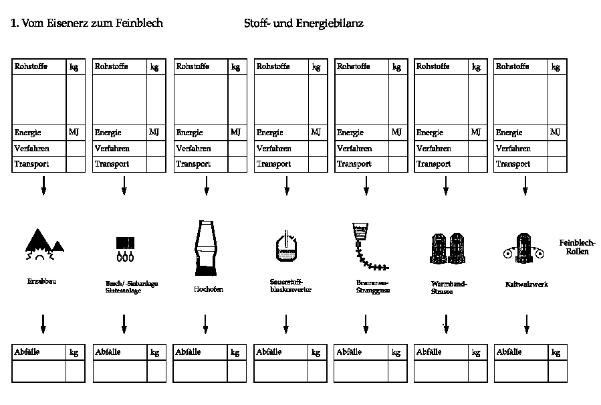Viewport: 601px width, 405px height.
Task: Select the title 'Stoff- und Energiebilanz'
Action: (x=304, y=23)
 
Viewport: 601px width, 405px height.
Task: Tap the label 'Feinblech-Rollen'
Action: (x=576, y=247)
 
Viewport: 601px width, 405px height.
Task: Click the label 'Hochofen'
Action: (x=208, y=289)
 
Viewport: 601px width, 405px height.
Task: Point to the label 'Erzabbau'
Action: (x=42, y=282)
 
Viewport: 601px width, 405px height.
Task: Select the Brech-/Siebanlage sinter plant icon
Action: (x=124, y=248)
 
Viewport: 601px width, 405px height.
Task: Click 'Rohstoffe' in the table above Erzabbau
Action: (x=31, y=66)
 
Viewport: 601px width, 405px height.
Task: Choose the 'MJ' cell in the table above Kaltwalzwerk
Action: (x=556, y=132)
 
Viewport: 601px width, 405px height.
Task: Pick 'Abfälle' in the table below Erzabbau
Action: (x=28, y=351)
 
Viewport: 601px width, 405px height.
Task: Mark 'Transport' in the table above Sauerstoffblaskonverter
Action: (x=273, y=164)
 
